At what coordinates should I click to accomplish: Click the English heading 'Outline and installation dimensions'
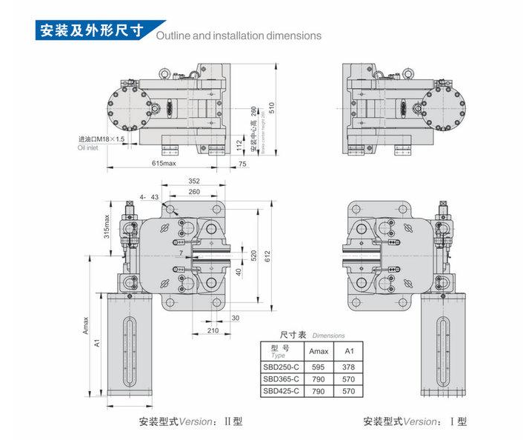pyautogui.click(x=238, y=35)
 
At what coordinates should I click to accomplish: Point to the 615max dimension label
pyautogui.click(x=165, y=163)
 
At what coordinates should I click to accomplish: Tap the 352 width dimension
pyautogui.click(x=194, y=181)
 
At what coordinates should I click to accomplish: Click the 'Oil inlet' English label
pyautogui.click(x=88, y=147)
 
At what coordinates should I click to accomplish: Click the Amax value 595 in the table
pyautogui.click(x=319, y=367)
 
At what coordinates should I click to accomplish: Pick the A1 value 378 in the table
pyautogui.click(x=350, y=367)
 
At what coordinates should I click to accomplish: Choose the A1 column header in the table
pyautogui.click(x=350, y=350)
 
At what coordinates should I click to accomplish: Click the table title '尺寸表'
pyautogui.click(x=284, y=335)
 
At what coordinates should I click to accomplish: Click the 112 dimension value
pyautogui.click(x=239, y=143)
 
